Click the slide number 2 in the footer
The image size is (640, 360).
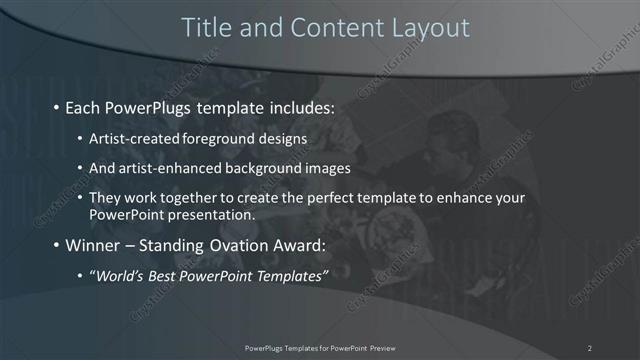(590, 348)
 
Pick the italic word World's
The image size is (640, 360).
(118, 276)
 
